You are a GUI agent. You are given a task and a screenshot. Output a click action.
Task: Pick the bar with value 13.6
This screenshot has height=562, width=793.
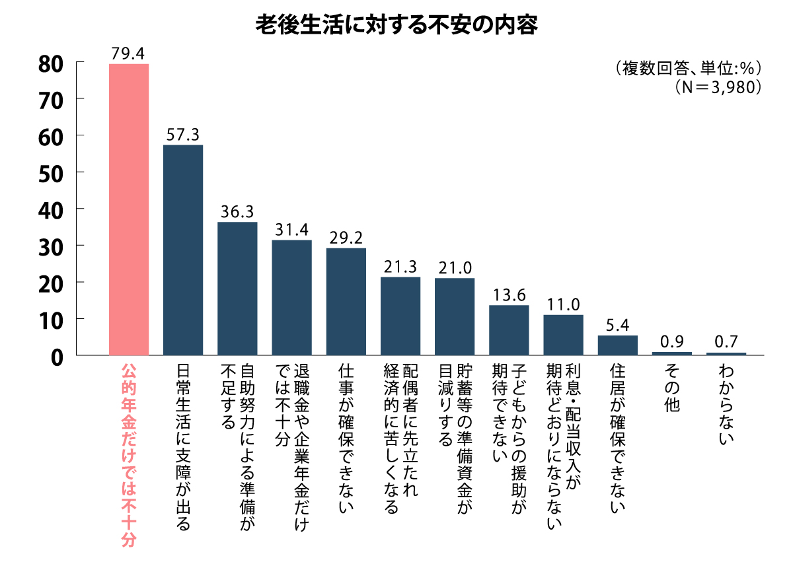(509, 330)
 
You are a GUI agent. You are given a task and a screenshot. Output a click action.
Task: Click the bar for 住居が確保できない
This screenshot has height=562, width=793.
(618, 345)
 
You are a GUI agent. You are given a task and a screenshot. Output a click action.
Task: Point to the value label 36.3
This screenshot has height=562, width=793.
(237, 213)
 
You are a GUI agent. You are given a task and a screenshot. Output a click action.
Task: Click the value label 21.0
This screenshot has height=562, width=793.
(455, 269)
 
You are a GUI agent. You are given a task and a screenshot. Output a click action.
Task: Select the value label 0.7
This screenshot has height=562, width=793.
(726, 343)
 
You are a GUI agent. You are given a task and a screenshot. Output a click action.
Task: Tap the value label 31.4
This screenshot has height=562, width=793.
(291, 230)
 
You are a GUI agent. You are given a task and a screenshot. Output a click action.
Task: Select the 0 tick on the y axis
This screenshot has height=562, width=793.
(56, 356)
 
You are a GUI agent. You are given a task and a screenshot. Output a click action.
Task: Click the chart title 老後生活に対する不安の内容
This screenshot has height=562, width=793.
(397, 24)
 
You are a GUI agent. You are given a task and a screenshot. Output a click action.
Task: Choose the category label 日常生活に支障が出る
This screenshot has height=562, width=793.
(183, 446)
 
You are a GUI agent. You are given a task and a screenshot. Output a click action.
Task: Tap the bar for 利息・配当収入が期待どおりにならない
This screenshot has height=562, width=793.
(563, 335)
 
